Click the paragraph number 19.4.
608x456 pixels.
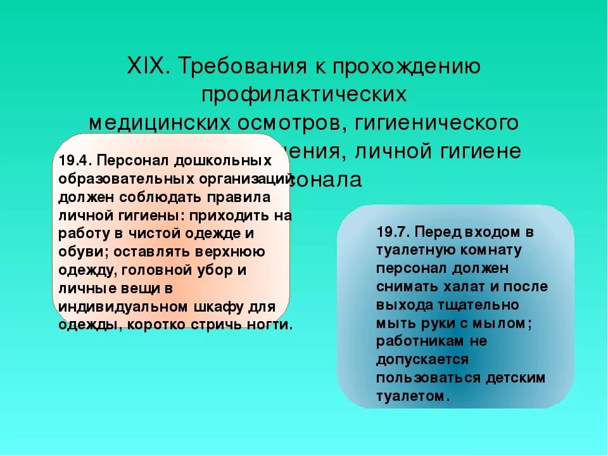76,161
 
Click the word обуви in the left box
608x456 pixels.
77,251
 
